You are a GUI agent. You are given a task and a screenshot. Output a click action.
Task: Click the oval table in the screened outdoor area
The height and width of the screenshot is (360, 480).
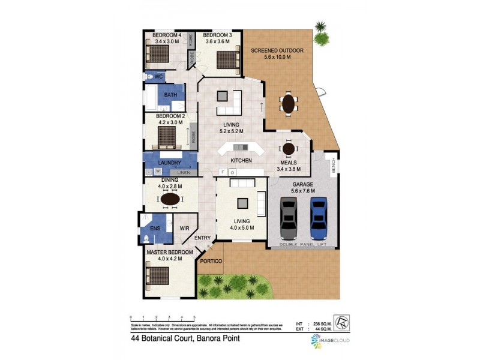pyautogui.click(x=289, y=104)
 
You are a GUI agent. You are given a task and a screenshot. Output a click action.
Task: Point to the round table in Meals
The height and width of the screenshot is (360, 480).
pyautogui.click(x=289, y=149)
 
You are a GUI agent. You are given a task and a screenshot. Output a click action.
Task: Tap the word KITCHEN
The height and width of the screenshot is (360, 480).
pyautogui.click(x=241, y=161)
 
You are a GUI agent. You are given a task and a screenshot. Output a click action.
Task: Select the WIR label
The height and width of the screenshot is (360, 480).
pyautogui.click(x=185, y=229)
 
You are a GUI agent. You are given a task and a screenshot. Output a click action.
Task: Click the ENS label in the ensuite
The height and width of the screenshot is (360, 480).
pyautogui.click(x=155, y=229)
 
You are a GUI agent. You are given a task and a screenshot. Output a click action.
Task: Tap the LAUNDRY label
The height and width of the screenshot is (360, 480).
pyautogui.click(x=170, y=163)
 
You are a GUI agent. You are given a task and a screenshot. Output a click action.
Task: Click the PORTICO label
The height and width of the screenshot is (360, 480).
pyautogui.click(x=211, y=261)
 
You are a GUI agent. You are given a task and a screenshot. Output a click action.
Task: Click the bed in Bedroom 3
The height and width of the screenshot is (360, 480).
pyautogui.click(x=226, y=61)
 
